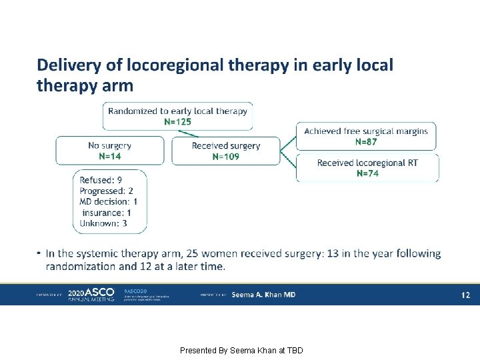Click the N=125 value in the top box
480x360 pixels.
click(x=177, y=122)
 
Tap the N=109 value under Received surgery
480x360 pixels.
click(x=225, y=157)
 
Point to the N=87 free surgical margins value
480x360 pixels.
click(x=366, y=141)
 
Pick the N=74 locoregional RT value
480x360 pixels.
click(x=367, y=173)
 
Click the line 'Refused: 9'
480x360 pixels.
click(x=101, y=180)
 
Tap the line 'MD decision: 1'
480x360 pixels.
click(x=109, y=201)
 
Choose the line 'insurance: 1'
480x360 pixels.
click(x=107, y=213)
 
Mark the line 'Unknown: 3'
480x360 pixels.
click(x=103, y=223)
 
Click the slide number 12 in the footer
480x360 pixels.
click(x=466, y=295)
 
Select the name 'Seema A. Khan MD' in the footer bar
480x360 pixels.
click(x=263, y=295)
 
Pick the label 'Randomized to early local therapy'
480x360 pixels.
click(x=177, y=111)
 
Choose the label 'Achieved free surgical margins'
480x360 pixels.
click(x=366, y=131)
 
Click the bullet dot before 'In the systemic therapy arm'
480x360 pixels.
click(x=40, y=254)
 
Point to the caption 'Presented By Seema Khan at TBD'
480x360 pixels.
click(x=241, y=350)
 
